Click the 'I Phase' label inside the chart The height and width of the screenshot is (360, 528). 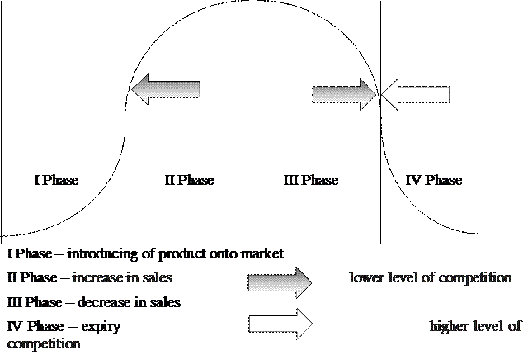point(56,180)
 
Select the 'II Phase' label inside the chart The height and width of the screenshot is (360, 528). point(189,180)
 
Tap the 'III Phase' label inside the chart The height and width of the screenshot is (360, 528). point(311,180)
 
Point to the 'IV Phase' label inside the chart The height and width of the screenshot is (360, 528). point(434,180)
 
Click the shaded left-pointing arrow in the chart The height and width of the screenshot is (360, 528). point(166,89)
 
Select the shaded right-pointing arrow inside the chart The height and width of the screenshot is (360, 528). point(344,94)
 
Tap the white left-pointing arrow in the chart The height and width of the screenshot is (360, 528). point(416,94)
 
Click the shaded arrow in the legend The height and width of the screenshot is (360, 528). point(280,282)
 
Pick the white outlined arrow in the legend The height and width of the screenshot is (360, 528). point(280,324)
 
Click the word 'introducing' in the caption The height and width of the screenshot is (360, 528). point(102,253)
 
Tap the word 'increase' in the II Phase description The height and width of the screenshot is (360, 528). point(97,277)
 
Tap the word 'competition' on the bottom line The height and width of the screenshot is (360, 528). point(44,344)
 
